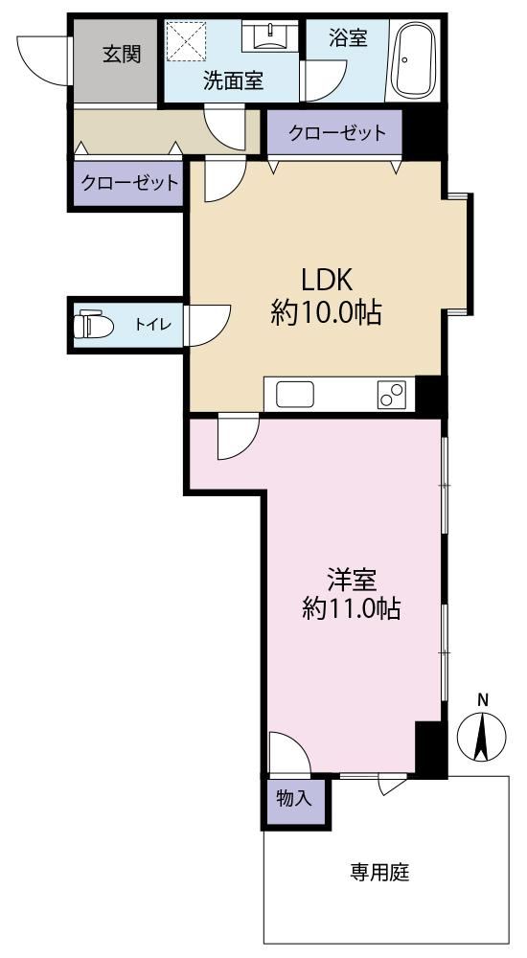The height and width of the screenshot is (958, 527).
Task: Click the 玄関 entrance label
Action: point(122,55)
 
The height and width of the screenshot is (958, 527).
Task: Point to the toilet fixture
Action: point(94,325)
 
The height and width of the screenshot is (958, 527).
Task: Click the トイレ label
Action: point(153,325)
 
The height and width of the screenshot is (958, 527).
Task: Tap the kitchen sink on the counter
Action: point(295,394)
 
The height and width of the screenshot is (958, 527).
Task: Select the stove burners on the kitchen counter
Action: point(391,394)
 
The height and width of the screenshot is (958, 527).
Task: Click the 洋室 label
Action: point(351,580)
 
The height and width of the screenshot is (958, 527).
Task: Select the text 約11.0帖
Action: point(352,609)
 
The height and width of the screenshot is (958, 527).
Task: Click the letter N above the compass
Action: point(482,701)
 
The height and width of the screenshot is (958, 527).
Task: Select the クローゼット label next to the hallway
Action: point(129,182)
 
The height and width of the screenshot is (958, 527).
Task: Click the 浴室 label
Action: point(348,38)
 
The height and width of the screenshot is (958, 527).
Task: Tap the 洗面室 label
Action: point(234,81)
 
